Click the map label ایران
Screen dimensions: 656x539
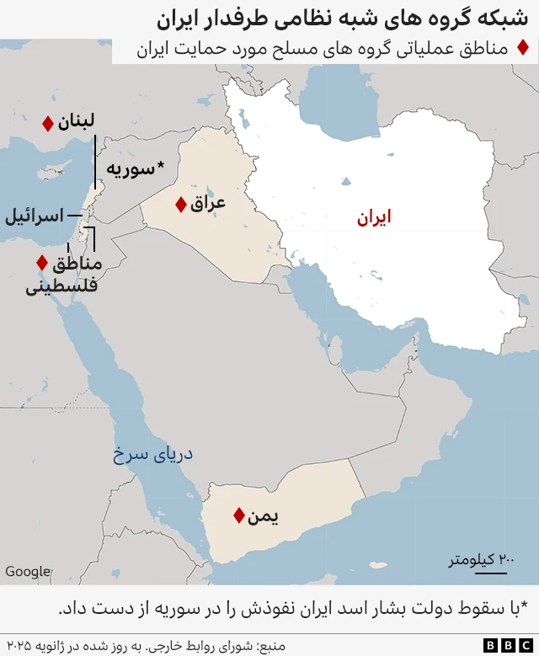(373, 217)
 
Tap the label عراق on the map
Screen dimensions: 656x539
(209, 203)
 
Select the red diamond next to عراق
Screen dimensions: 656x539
(180, 204)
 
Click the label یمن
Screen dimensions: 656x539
(263, 515)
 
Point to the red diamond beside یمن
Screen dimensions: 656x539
(239, 515)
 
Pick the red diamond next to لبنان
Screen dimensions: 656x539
(48, 124)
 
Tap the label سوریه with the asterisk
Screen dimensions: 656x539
(135, 168)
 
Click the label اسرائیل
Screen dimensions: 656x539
(35, 216)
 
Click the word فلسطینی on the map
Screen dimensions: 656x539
(62, 285)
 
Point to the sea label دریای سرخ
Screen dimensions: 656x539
(153, 455)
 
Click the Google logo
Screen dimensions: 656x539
(28, 572)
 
